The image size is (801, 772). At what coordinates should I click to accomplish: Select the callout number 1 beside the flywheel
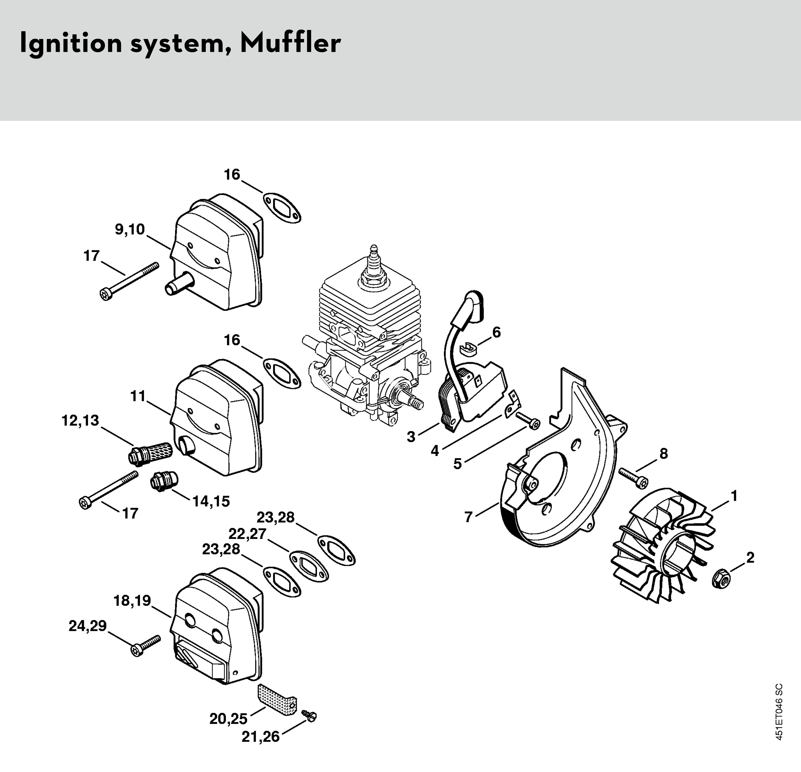point(734,496)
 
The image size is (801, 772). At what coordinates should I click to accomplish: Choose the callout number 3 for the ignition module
point(411,437)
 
